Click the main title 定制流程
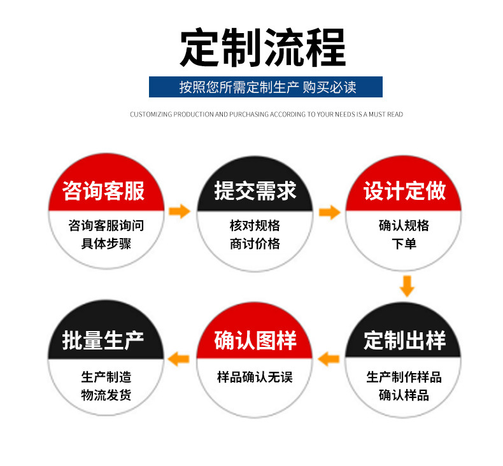click(x=262, y=47)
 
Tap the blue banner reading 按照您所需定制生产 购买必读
click(x=266, y=87)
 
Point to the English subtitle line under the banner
click(x=266, y=115)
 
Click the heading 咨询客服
click(x=104, y=191)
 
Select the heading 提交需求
click(x=255, y=191)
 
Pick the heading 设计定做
click(x=404, y=191)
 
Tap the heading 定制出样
click(x=404, y=340)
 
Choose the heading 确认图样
click(x=255, y=340)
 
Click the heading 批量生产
click(x=104, y=340)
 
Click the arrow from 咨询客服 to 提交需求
click(x=180, y=211)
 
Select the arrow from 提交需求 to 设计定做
click(x=329, y=212)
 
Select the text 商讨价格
click(x=255, y=244)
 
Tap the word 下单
click(x=404, y=244)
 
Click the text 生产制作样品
click(x=404, y=377)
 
